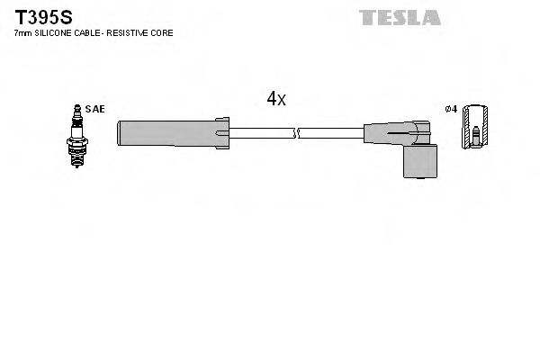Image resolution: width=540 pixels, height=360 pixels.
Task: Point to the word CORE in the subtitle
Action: (x=162, y=33)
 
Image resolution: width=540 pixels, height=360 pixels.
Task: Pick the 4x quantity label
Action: (x=275, y=99)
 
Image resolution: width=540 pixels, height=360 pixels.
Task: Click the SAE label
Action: (x=96, y=109)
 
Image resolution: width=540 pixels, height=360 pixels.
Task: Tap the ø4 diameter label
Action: (x=451, y=109)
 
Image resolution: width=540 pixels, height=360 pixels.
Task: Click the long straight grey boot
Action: (x=166, y=133)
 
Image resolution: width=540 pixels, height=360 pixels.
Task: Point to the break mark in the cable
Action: (x=295, y=134)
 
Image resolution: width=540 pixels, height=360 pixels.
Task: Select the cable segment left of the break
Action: (x=261, y=134)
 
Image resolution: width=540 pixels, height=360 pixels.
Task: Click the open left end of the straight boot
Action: (x=120, y=133)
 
